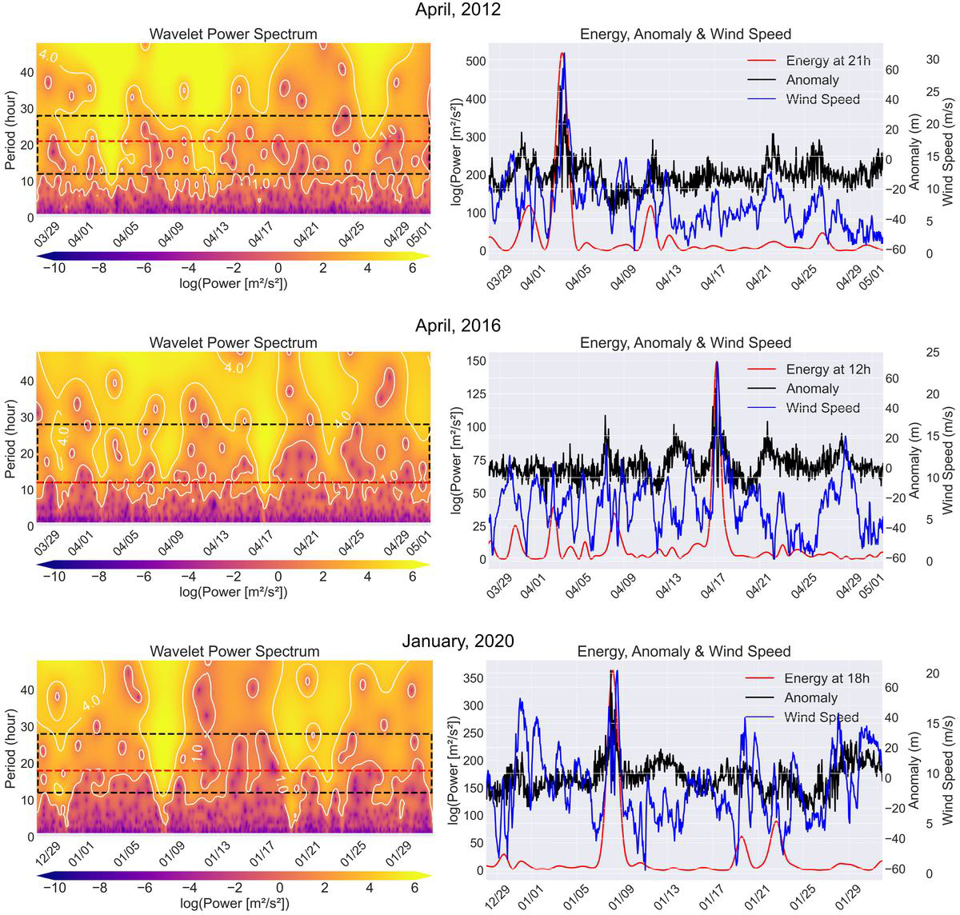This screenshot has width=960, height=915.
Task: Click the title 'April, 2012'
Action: [x=458, y=10]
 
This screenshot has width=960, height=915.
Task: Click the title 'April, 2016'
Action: [x=458, y=326]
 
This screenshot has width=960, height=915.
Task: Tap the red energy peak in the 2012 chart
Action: [x=562, y=54]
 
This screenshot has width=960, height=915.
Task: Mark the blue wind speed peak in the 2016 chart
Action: [x=716, y=362]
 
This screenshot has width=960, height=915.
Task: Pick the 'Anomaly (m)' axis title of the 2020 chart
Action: [x=916, y=768]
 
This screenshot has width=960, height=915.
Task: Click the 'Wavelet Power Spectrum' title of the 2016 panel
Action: [x=234, y=343]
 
